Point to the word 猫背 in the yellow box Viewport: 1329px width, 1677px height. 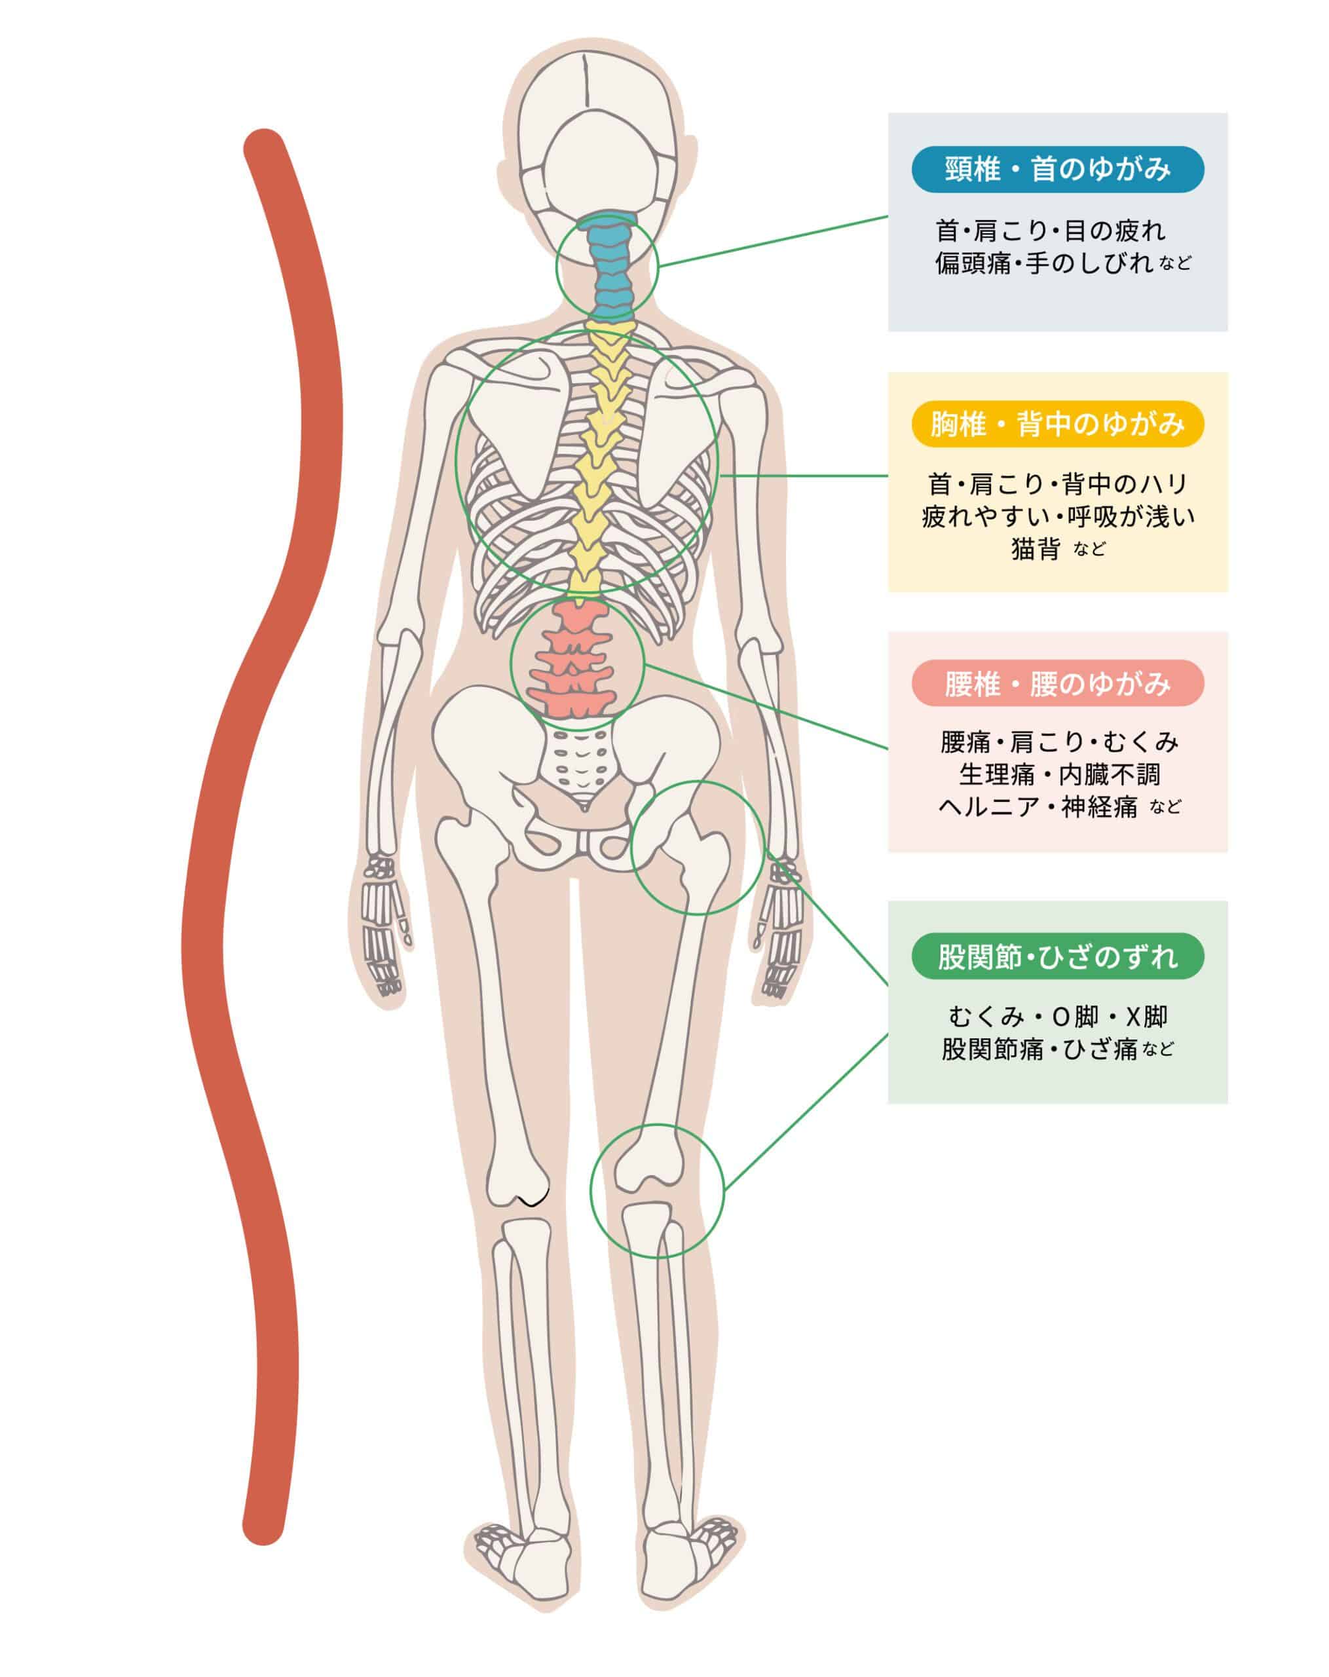1035,549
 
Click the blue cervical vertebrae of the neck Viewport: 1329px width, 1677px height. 609,269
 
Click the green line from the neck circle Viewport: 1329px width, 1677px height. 774,242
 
